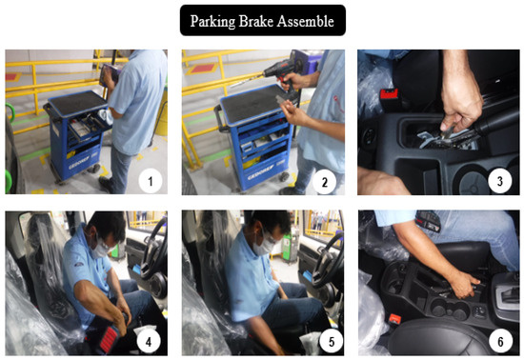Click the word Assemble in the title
(305, 21)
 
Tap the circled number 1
(151, 181)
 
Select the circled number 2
(324, 182)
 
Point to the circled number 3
(499, 181)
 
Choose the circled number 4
(149, 341)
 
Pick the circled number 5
(332, 342)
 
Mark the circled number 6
(500, 341)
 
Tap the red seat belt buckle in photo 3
(390, 94)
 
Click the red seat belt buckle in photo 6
(394, 319)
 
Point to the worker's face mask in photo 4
(99, 248)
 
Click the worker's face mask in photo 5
(264, 246)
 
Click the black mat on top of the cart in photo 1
(78, 102)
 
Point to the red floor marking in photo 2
(202, 69)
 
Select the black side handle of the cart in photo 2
(218, 117)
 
